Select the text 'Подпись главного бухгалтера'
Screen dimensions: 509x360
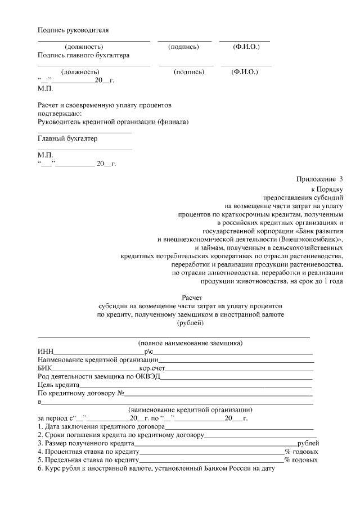coord(83,56)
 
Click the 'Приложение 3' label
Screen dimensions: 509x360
coord(319,179)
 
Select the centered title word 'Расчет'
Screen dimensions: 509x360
coord(191,297)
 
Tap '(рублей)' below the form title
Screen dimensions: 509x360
coord(191,323)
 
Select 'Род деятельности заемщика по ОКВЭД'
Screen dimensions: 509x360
coord(98,376)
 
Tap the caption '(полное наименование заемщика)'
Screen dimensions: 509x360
coord(191,343)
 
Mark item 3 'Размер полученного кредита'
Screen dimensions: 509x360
coord(85,443)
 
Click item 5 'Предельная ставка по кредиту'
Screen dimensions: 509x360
coord(88,460)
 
